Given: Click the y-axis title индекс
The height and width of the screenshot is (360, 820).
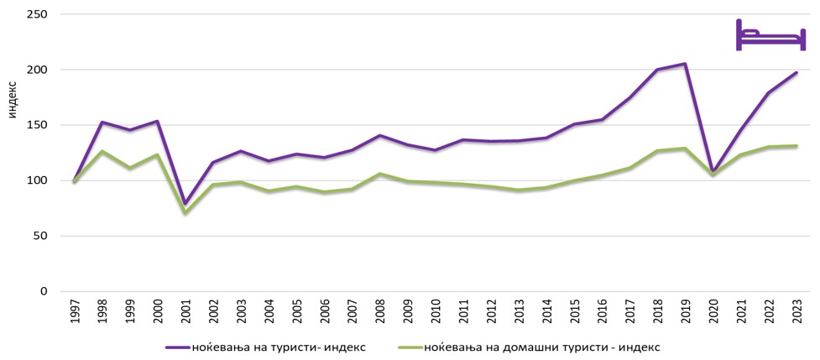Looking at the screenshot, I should click(x=12, y=99).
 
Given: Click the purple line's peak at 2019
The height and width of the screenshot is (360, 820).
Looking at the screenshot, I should click(x=685, y=64).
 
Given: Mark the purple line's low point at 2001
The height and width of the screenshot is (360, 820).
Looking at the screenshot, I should click(x=185, y=203).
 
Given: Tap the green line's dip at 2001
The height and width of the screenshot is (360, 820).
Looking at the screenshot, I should click(x=185, y=213).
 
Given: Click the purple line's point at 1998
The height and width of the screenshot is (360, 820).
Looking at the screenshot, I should click(x=102, y=123).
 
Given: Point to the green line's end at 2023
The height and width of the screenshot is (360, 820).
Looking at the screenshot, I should click(x=796, y=146).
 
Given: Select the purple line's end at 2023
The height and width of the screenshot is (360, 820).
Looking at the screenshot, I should click(x=796, y=73).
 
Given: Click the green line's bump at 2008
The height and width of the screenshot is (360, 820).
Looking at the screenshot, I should click(x=379, y=174).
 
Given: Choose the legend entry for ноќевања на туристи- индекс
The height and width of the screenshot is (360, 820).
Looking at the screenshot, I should click(x=267, y=347).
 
